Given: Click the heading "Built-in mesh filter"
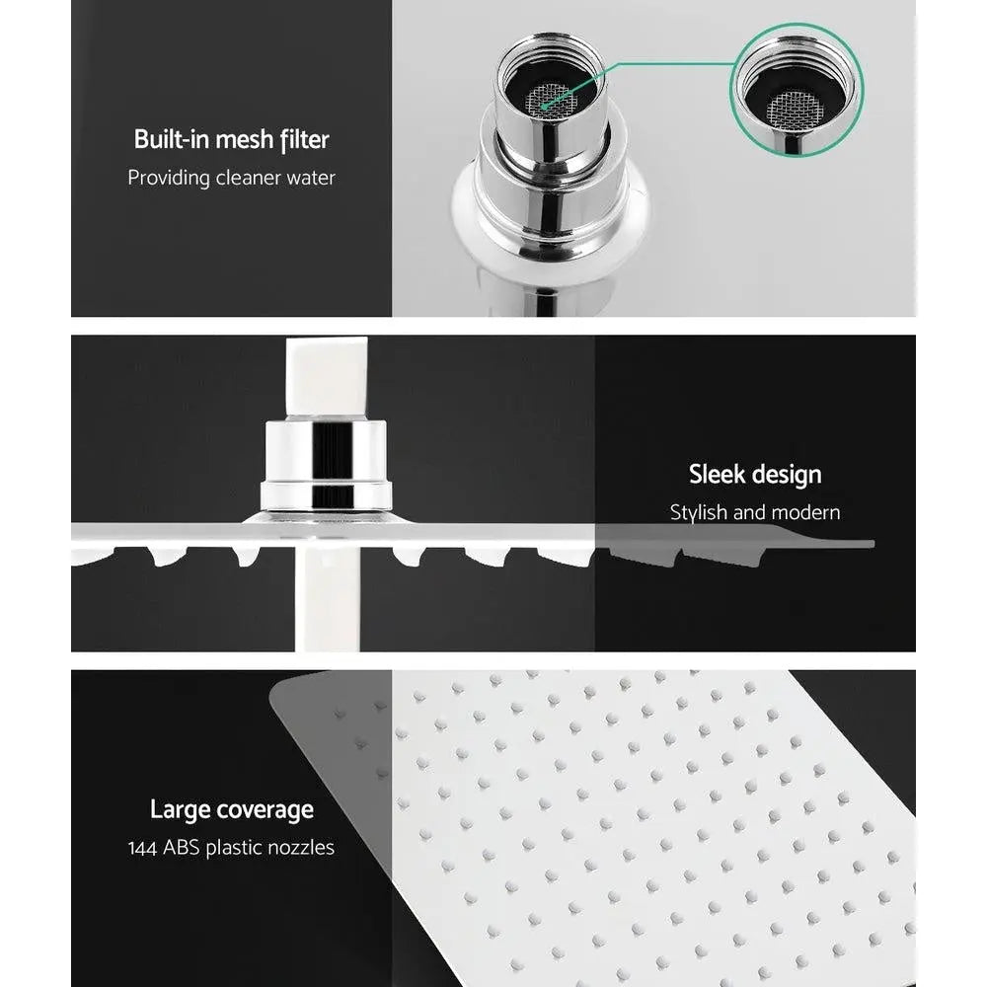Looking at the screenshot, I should point(231,139).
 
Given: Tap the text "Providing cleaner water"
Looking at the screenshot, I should point(231,178).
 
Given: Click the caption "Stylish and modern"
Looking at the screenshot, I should point(755,512).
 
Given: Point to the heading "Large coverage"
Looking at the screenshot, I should point(231,810).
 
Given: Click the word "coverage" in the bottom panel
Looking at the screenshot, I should point(265,810).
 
